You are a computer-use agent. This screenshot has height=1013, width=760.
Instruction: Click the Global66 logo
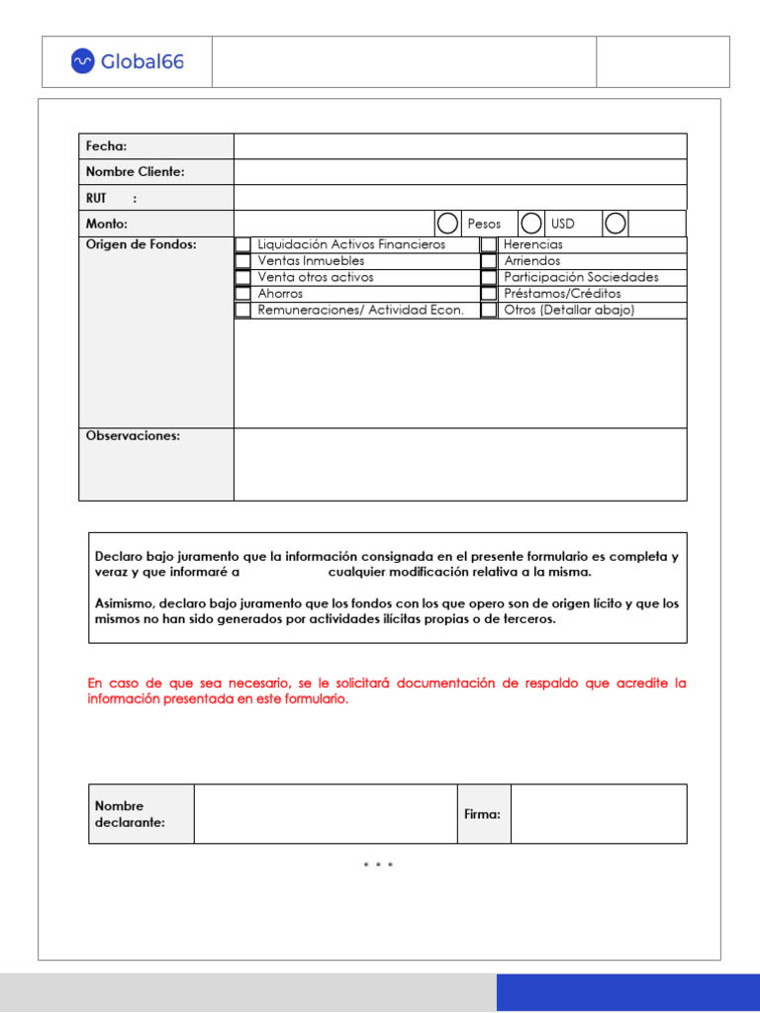127,61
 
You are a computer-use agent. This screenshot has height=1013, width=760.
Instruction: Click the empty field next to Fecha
460,146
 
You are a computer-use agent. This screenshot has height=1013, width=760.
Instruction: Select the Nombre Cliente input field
460,172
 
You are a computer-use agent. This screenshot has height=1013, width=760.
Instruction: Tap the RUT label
97,198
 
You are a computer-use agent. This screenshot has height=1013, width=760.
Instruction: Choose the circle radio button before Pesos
447,224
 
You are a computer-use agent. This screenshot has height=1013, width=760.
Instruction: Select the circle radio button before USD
531,224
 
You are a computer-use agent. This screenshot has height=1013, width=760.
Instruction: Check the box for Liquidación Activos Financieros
242,244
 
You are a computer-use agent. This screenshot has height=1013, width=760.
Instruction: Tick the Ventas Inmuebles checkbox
242,261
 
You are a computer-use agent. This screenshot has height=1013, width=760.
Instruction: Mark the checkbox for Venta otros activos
242,278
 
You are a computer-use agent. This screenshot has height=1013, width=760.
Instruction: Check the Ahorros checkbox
242,294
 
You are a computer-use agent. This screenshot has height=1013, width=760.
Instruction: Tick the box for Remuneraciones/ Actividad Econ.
242,311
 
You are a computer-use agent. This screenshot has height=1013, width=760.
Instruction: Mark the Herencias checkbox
488,244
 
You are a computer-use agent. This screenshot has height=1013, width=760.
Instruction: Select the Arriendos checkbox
488,261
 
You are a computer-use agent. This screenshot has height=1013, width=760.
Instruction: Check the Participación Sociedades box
488,278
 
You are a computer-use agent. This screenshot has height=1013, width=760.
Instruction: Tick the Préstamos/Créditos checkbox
488,294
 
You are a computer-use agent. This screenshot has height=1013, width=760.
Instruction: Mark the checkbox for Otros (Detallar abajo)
488,311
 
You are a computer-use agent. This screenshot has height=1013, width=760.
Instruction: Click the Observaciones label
133,436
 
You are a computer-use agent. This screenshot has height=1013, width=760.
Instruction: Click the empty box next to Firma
600,814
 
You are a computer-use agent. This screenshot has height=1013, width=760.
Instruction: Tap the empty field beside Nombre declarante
326,814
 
